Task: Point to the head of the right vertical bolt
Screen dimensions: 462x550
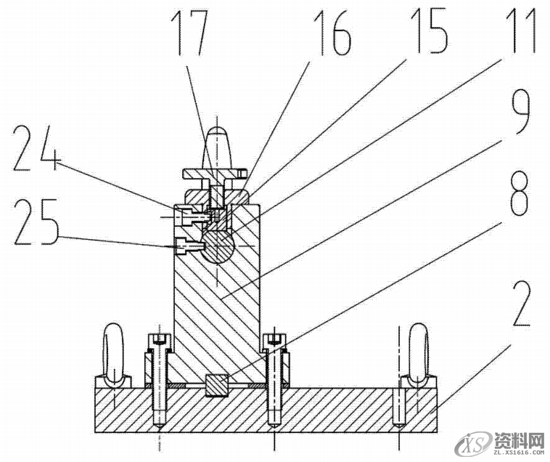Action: click(274, 339)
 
